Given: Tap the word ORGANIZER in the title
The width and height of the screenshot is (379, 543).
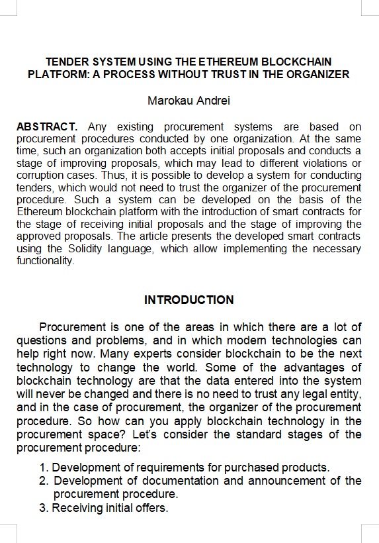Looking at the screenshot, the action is coord(320,74).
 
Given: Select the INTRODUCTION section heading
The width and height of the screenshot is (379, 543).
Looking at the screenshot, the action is coord(189,300).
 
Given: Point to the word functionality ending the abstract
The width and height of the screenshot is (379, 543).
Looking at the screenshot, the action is coord(44,261).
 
